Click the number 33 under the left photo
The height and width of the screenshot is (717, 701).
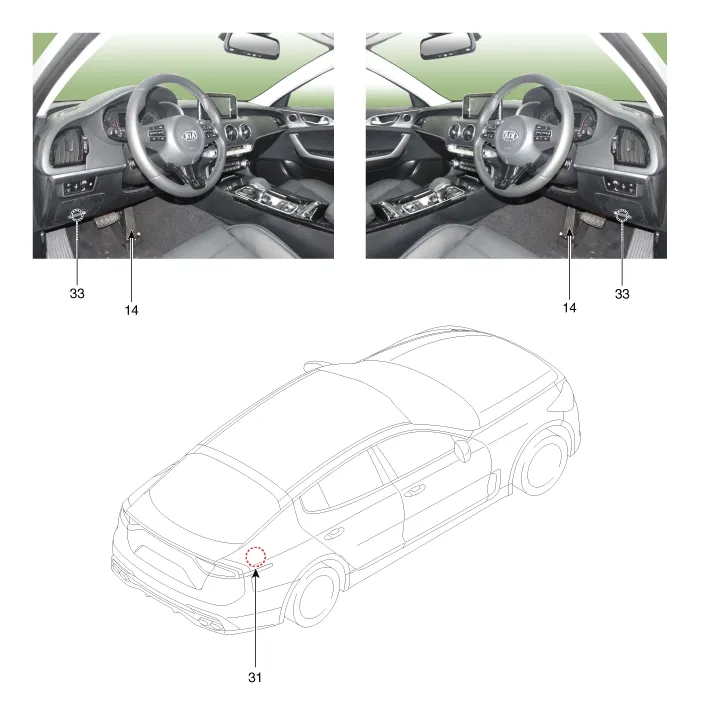[77, 293]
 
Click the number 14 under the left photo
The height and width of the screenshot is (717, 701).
[131, 310]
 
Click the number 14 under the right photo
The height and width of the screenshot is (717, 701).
[569, 308]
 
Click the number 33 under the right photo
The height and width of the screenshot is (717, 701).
[622, 294]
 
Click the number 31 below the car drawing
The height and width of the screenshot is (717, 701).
[255, 677]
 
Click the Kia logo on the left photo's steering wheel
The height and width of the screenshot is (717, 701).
[189, 136]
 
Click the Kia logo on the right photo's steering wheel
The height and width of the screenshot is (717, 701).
[510, 136]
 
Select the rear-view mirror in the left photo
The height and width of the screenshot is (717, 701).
[252, 46]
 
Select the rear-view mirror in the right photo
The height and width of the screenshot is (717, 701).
[448, 46]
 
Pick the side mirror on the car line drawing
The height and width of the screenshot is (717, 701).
[462, 449]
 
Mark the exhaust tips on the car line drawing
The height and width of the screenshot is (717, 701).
[208, 622]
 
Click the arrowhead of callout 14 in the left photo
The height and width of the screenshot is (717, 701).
[131, 235]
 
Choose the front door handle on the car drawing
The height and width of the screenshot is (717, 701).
[414, 492]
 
